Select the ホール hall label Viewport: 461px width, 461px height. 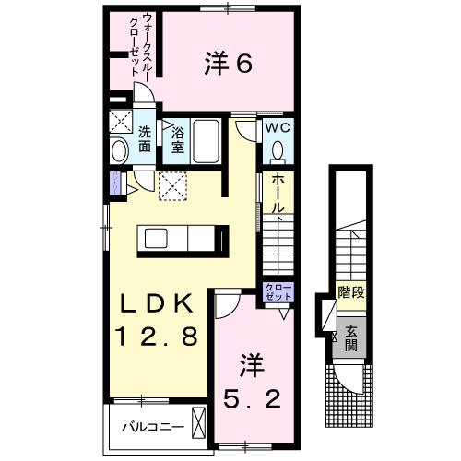click(x=277, y=195)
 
